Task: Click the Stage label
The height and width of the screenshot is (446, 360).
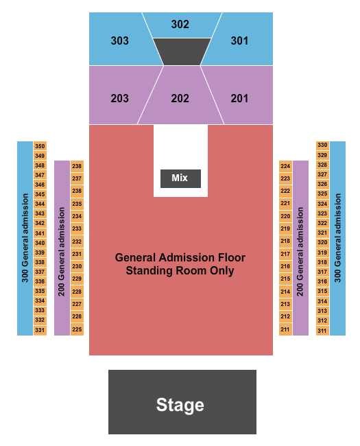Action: point(180,404)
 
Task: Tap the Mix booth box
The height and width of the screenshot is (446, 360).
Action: point(180,178)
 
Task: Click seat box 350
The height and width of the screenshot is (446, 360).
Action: point(40,146)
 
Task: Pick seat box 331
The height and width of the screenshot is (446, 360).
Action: point(40,330)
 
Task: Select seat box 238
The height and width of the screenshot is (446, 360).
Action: point(77,166)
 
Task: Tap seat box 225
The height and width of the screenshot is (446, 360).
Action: point(77,329)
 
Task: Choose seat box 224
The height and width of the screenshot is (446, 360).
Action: point(285,166)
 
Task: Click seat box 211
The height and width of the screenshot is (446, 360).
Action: point(285,329)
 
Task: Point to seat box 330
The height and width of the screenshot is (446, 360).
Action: point(322,145)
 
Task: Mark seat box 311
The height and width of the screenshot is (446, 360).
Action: point(322,331)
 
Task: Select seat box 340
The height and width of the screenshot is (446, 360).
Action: point(40,243)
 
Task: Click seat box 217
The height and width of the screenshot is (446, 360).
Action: point(285,254)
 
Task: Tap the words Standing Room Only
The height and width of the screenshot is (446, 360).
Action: point(180,271)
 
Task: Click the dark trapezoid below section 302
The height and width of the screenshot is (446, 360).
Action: point(182,51)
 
